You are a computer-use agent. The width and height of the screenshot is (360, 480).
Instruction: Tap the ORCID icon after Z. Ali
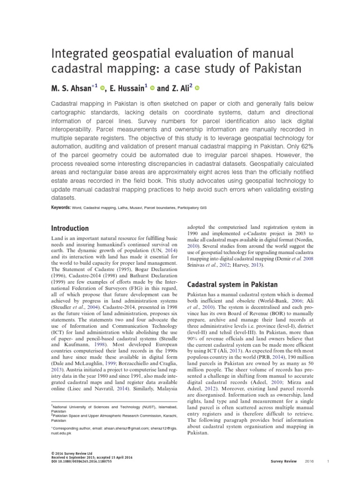(196, 88)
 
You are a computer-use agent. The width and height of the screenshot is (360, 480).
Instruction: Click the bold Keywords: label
(60, 207)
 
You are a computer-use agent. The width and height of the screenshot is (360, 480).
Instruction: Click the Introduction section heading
(69, 228)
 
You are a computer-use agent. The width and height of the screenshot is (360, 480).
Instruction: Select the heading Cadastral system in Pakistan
(232, 285)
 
